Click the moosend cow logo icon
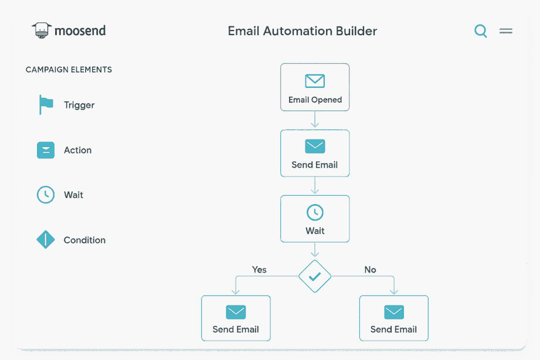pos(42,30)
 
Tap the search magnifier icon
pos(480,30)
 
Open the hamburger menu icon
pos(505,31)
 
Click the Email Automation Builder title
pos(302,31)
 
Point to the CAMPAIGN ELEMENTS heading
pos(69,70)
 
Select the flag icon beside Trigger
pos(46,104)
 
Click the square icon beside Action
pos(46,150)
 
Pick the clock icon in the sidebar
pos(46,195)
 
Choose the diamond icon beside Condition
pos(46,239)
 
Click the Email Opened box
pos(315,87)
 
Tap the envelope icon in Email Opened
pos(315,81)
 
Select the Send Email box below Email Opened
pos(315,153)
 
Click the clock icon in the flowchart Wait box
pos(315,212)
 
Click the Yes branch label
pos(259,269)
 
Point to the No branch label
pos(370,269)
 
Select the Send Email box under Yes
pos(236,318)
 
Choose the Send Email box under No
pos(394,318)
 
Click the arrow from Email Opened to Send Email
pos(315,119)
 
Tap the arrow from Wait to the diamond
pos(315,250)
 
